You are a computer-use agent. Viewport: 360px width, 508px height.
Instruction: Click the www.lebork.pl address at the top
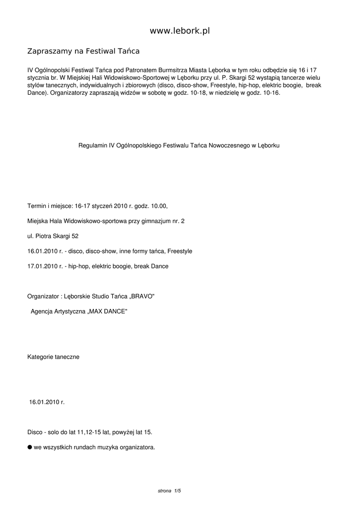tap(180, 31)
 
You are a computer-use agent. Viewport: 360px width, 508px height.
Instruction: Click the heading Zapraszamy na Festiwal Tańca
tap(83, 51)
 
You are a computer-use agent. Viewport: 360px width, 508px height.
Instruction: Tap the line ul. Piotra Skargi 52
tap(53, 236)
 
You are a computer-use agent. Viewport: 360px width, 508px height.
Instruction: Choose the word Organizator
tap(43, 297)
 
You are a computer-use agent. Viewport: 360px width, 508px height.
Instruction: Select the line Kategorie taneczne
tap(53, 357)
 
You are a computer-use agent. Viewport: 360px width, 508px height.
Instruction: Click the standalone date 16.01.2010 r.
tap(47, 402)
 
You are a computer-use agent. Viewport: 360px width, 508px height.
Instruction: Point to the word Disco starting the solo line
tap(35, 432)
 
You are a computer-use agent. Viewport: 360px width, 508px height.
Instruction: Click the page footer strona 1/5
tap(169, 491)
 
